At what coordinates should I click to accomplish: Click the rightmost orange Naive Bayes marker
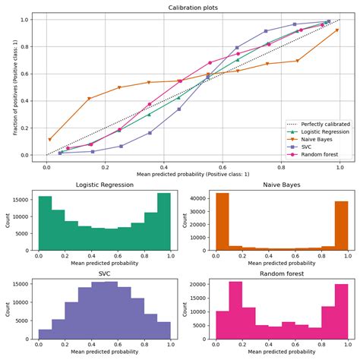[337, 30]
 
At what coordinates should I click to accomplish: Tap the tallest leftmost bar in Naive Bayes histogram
[201, 221]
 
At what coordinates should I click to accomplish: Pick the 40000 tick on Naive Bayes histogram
[188, 198]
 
